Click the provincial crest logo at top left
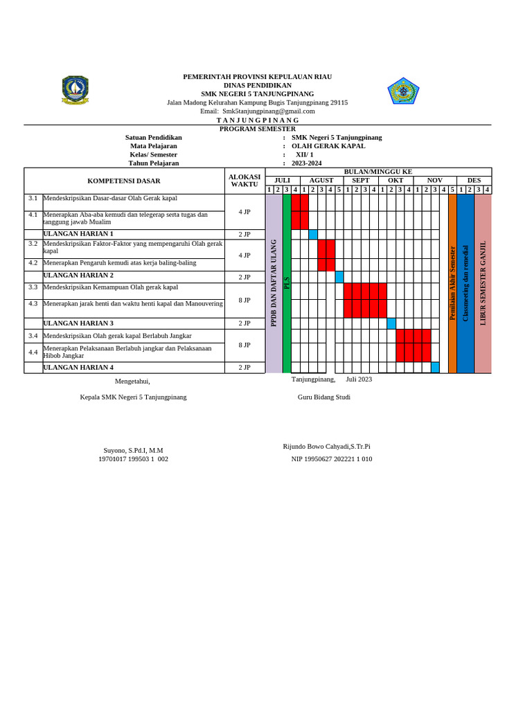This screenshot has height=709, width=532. pos(76,91)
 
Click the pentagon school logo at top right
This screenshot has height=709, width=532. pos(403,91)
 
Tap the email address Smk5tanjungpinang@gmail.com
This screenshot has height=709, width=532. pos(269,111)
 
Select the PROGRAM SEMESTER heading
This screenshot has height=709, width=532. pos(258,129)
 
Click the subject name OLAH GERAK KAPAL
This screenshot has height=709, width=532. pos(328,146)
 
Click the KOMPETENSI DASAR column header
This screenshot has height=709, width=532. pos(124,181)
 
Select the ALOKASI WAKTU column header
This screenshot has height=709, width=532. pos(245,181)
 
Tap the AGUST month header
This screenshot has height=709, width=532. pos(321,180)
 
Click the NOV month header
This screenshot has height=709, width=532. pos(434,180)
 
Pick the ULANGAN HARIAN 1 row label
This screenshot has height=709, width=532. pos(78,234)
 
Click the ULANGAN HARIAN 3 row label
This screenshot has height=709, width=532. pos(78,323)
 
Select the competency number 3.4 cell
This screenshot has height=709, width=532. pos(33,336)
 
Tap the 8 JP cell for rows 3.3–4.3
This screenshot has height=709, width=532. pos(245,300)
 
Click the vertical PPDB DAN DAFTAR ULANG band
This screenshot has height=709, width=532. pos(274,283)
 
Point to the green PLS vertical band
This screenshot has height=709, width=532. pos(287,283)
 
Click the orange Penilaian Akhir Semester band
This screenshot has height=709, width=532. pos(452,283)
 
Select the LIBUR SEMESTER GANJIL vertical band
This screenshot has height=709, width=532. pos(483,283)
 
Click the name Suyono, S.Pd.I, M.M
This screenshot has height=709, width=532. pos(133,450)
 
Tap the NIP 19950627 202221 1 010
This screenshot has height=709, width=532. pos(332,459)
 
